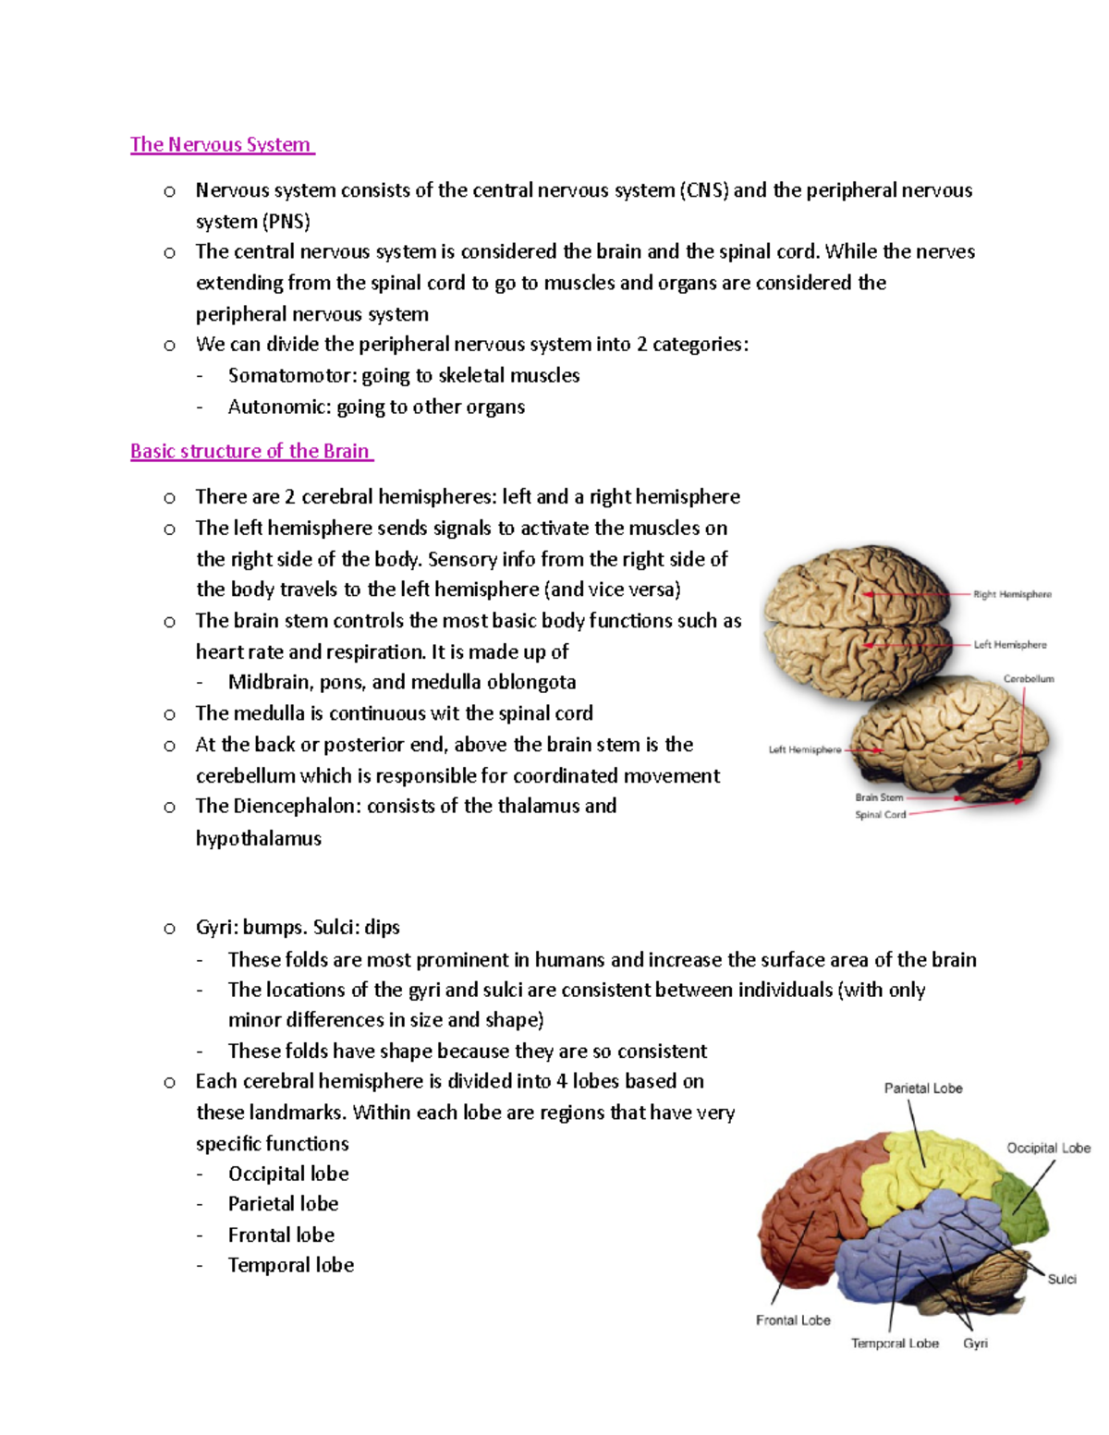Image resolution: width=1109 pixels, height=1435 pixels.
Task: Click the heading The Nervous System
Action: tap(221, 145)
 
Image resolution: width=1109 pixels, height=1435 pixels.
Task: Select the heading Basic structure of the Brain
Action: tap(250, 452)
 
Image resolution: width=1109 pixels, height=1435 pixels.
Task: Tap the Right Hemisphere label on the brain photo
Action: tap(1012, 594)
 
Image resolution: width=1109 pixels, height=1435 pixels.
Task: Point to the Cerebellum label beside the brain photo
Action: tap(1029, 678)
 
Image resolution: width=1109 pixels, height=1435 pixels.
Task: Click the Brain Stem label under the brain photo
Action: tap(879, 797)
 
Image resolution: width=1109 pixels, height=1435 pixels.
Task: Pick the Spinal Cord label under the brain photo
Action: tap(880, 814)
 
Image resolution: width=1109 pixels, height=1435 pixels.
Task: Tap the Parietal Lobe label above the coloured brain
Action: tap(923, 1088)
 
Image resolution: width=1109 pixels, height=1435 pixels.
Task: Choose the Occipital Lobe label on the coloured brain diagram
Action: tap(1048, 1148)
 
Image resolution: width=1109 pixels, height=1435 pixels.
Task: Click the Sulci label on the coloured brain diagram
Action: tap(1062, 1279)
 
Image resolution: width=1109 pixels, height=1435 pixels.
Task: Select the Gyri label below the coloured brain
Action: tap(975, 1343)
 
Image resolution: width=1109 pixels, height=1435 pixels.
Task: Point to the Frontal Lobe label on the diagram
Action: tap(793, 1320)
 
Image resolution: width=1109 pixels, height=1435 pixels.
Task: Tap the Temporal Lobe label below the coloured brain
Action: tap(895, 1343)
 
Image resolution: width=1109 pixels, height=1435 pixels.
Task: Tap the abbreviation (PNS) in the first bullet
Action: tap(286, 222)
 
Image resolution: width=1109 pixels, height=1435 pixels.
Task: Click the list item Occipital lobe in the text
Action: tap(288, 1174)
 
